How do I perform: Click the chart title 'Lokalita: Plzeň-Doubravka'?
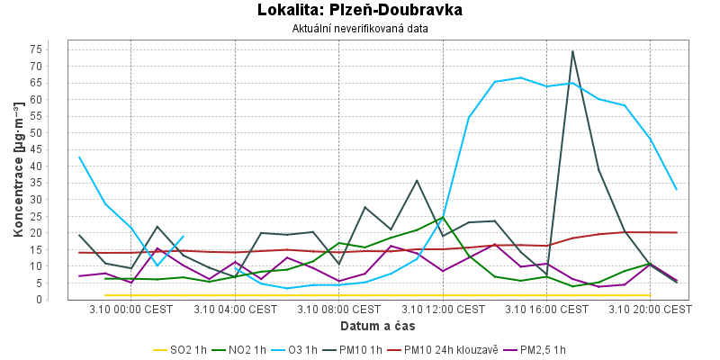coord(360,11)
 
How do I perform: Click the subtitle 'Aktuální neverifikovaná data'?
coord(360,28)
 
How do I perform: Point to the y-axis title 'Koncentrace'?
coord(18,170)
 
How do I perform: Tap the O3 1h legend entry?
coord(298,350)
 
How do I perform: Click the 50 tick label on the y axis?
coord(60,132)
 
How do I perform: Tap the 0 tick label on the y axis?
coord(63,300)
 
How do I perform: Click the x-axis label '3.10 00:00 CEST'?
coord(131,309)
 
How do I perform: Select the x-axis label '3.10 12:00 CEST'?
coord(445,309)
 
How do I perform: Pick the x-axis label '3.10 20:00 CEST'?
coord(652,309)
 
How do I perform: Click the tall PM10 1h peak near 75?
coord(572,51)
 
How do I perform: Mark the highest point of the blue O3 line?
coord(521,77)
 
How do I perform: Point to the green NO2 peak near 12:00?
coord(443,217)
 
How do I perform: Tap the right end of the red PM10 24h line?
coord(677,232)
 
